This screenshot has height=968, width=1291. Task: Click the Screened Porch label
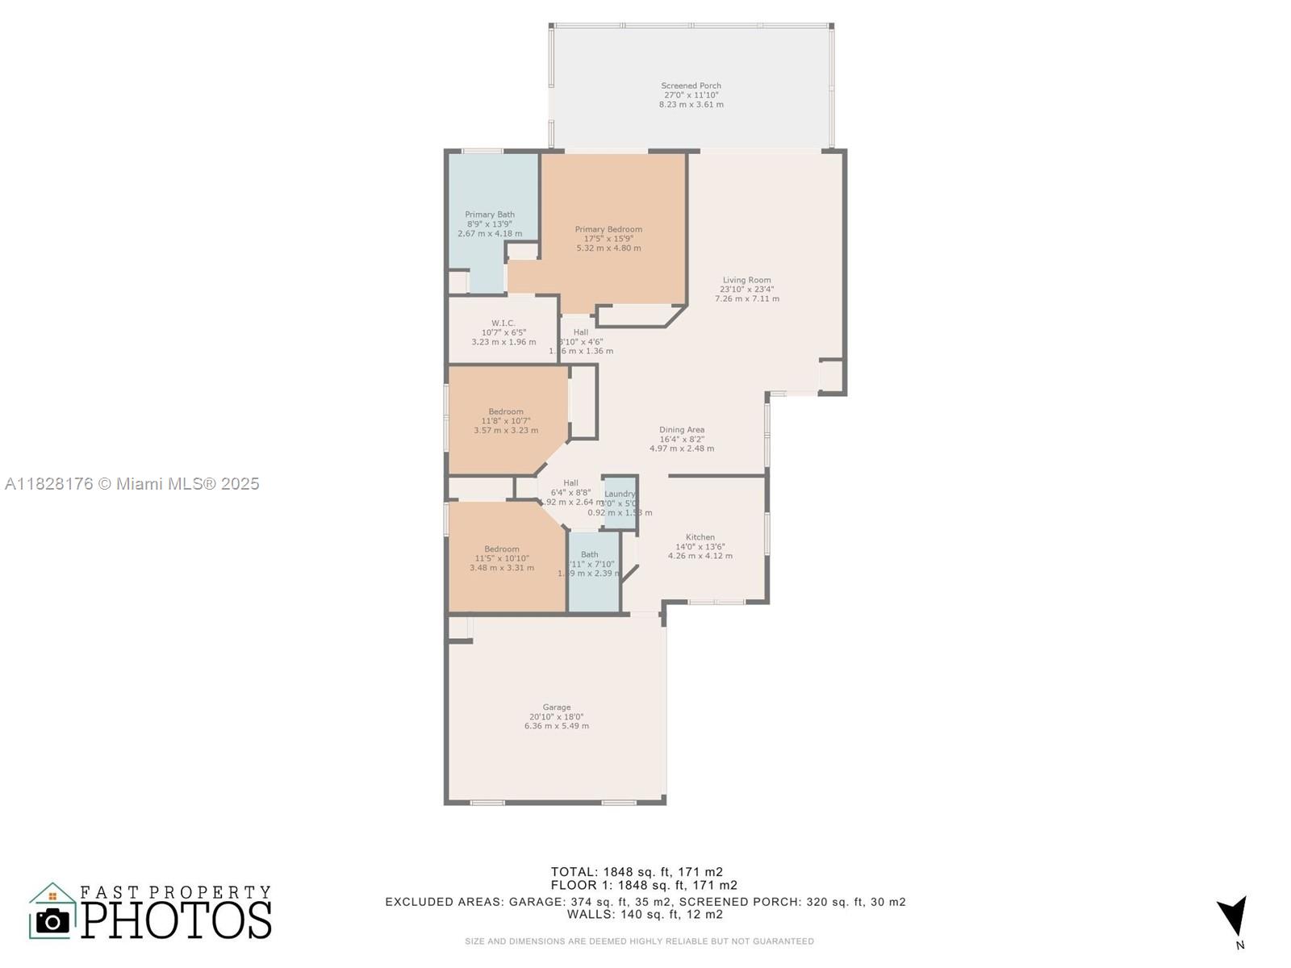click(691, 94)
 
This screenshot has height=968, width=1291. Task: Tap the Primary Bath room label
click(490, 224)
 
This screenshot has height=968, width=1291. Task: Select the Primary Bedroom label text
click(608, 239)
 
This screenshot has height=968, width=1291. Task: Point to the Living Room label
click(746, 289)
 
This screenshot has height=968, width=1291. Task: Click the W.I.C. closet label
click(503, 332)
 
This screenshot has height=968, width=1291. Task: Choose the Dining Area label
click(682, 439)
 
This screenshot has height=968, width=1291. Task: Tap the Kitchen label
click(700, 546)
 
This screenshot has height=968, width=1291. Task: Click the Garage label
click(556, 716)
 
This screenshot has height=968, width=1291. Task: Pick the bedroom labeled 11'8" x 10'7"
click(506, 420)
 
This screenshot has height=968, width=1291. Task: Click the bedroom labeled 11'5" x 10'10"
click(502, 558)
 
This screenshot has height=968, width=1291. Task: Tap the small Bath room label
click(590, 563)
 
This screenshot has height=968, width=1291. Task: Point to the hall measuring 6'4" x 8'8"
click(570, 492)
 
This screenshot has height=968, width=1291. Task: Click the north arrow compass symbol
click(1234, 920)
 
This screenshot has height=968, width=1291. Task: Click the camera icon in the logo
click(53, 920)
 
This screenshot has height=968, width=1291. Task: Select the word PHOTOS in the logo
click(177, 920)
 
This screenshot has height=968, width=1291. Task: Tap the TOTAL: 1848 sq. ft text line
click(637, 871)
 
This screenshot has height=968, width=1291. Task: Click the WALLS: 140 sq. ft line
click(645, 914)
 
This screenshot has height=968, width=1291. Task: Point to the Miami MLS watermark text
click(132, 483)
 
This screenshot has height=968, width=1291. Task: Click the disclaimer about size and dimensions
click(639, 941)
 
